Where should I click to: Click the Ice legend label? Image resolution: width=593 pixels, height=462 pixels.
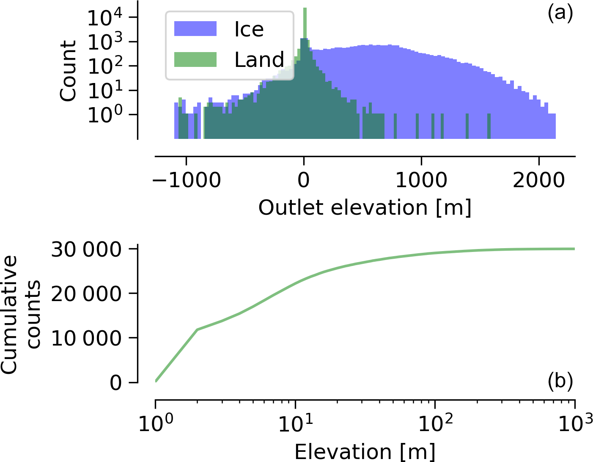click(x=249, y=29)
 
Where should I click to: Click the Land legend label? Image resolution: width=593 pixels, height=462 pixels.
click(x=259, y=60)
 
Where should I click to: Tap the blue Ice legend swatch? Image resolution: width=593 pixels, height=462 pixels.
click(x=195, y=29)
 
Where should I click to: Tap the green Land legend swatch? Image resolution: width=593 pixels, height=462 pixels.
click(x=195, y=60)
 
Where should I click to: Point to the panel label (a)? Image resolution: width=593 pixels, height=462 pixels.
click(x=560, y=14)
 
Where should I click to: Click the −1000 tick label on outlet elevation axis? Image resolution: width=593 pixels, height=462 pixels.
click(x=187, y=180)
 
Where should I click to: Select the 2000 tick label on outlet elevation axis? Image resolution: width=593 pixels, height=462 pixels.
click(x=538, y=180)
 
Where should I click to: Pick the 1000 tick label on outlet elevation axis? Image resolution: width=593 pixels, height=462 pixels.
click(x=421, y=180)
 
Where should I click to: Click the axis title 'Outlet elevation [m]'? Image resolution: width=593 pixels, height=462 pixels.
click(x=365, y=207)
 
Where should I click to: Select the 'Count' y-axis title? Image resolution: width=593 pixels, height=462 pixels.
click(x=68, y=71)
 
